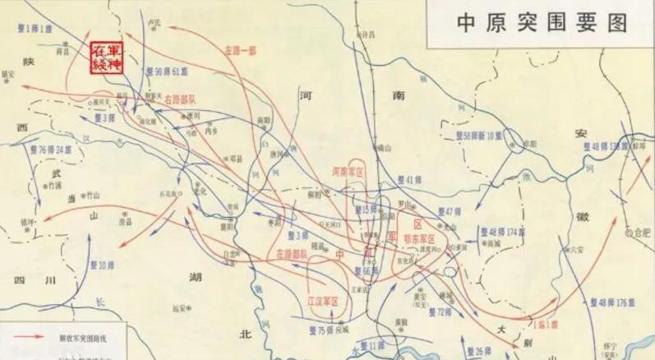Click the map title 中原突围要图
coord(542,22)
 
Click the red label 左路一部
coord(241,50)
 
